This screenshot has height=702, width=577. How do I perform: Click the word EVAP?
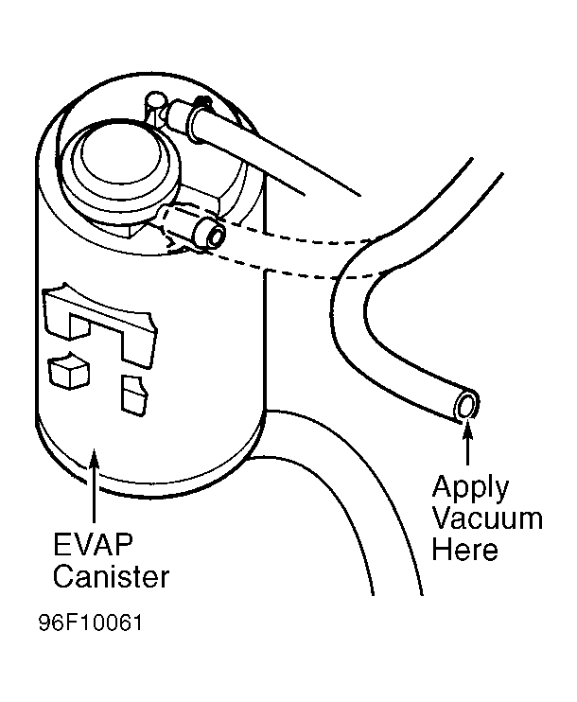[93, 544]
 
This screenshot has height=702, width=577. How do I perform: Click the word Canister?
[111, 576]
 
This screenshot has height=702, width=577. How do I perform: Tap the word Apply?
[470, 489]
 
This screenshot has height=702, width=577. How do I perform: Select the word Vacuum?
[488, 518]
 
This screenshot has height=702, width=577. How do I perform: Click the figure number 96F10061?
[91, 623]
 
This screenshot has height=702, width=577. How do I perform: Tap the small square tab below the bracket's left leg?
[68, 370]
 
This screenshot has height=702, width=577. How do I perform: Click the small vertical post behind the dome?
[154, 107]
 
